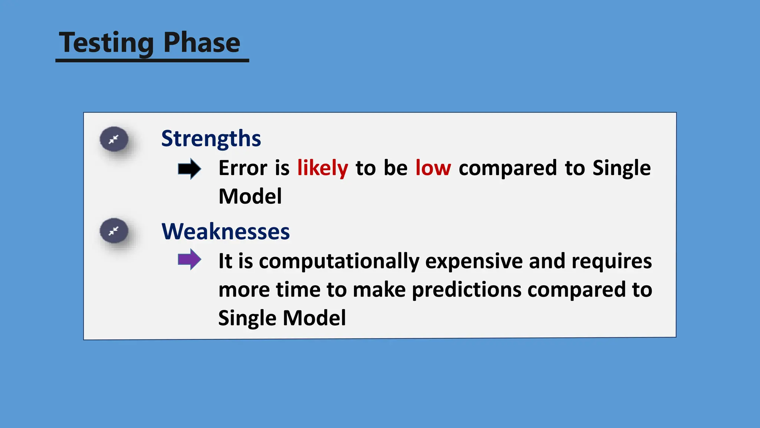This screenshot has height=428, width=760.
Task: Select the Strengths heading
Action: [x=211, y=139]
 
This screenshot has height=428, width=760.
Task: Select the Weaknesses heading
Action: [x=225, y=231]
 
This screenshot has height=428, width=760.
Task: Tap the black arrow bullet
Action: [x=189, y=169]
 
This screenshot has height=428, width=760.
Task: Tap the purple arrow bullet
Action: [x=189, y=259]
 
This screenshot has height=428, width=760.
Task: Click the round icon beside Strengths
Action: [x=114, y=139]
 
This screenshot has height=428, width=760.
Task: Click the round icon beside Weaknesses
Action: [x=114, y=231]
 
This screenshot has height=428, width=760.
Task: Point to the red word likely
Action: [x=322, y=168]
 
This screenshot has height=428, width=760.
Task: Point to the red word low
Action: [x=433, y=168]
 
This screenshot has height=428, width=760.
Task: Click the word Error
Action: [x=243, y=168]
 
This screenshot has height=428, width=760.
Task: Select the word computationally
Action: [x=339, y=262]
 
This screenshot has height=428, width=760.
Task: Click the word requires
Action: [x=611, y=262]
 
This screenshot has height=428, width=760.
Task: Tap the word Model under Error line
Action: [x=250, y=197]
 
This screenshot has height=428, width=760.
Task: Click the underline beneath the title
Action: [x=152, y=60]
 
